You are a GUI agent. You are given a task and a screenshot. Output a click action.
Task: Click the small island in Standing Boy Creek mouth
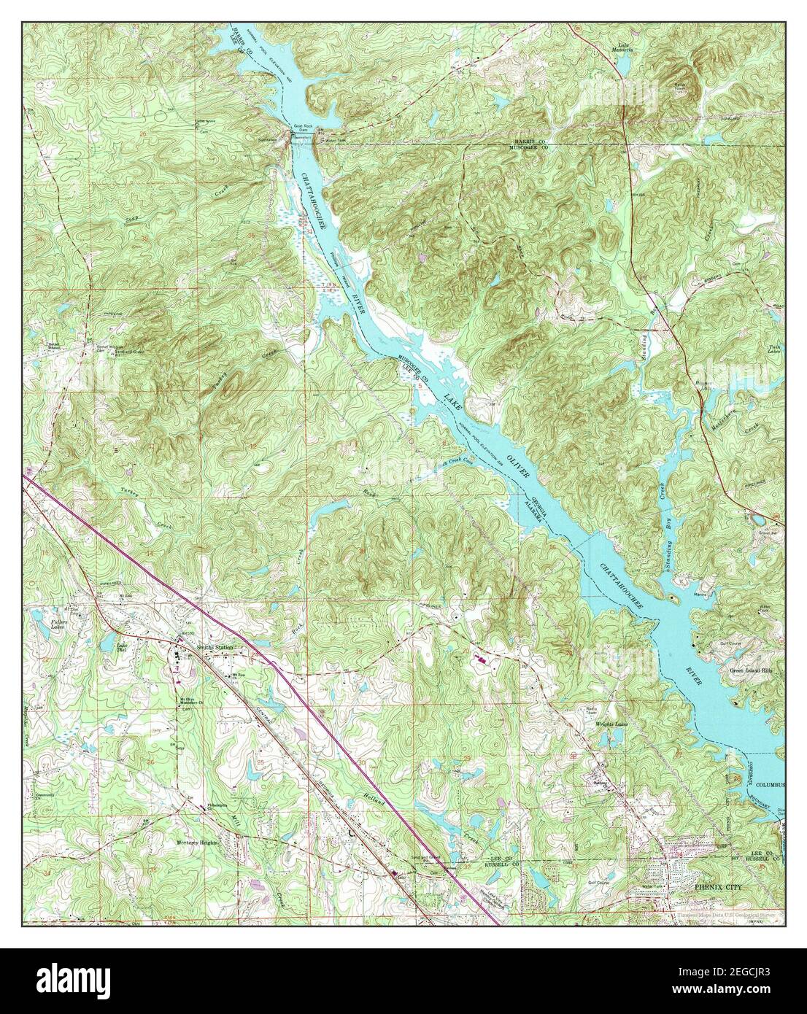click(675, 599)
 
